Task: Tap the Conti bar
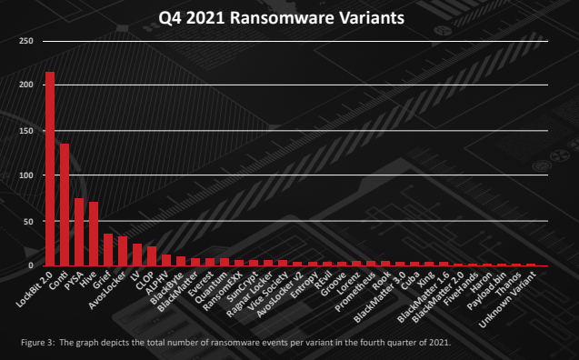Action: (65, 205)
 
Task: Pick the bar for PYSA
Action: (79, 232)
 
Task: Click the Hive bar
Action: (94, 234)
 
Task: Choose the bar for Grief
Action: (108, 250)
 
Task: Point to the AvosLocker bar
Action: (123, 251)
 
